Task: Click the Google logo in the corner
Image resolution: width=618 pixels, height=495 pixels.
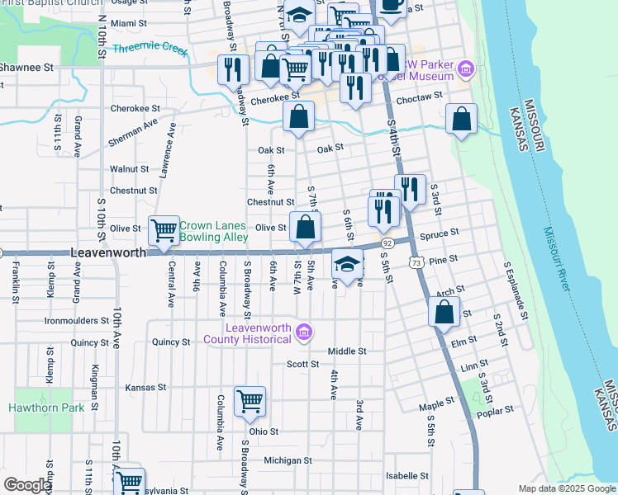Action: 27,485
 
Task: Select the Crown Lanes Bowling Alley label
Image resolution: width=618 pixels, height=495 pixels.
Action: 213,231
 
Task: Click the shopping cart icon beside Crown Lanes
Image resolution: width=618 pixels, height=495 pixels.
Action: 164,231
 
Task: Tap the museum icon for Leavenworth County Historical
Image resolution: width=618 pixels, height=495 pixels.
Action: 304,332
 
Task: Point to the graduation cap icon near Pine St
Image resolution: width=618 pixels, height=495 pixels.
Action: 348,265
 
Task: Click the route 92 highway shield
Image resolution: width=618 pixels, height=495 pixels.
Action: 387,243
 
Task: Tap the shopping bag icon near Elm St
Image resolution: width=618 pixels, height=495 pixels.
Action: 444,312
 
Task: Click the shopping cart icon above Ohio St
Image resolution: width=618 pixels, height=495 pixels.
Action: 250,402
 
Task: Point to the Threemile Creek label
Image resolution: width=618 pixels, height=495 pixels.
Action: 151,48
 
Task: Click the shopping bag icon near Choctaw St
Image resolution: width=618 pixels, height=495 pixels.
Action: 462,119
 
